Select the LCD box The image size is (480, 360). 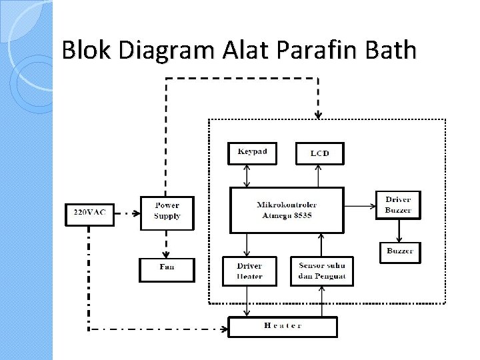click(319, 153)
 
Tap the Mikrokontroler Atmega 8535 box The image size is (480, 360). click(287, 210)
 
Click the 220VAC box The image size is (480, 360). click(89, 214)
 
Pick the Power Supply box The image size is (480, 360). click(167, 212)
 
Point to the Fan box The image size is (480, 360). click(167, 269)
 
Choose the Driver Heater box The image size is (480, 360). click(249, 271)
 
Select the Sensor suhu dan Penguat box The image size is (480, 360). click(322, 271)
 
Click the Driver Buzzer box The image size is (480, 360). click(398, 205)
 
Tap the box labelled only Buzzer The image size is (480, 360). click(400, 252)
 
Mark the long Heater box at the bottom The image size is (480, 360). click(283, 326)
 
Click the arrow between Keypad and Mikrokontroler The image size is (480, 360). click(247, 175)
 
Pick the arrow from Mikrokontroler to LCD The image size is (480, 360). click(319, 175)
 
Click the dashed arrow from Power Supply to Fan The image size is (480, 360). click(167, 244)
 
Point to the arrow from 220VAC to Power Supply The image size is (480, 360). click(127, 214)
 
